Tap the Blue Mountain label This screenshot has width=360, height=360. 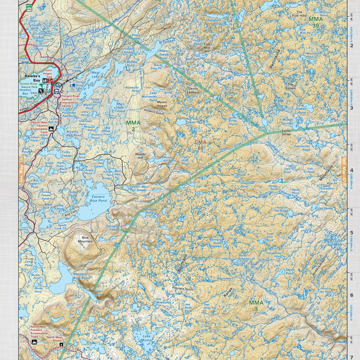coord(85,239)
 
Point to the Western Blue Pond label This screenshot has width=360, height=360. coord(82,276)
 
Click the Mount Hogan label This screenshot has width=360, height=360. coord(162,104)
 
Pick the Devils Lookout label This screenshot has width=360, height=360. coord(193,90)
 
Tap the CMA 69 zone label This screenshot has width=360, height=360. coord(200,145)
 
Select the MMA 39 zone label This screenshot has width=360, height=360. coord(316,22)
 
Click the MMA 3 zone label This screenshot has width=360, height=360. coord(256,306)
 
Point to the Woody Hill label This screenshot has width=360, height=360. coord(140,156)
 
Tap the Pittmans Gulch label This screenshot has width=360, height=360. coord(183,289)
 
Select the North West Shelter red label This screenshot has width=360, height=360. coord(55,339)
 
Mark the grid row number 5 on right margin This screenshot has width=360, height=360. coord(351,232)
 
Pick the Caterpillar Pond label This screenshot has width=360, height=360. coord(302,147)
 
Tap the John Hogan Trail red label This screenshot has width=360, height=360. coord(49,74)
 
